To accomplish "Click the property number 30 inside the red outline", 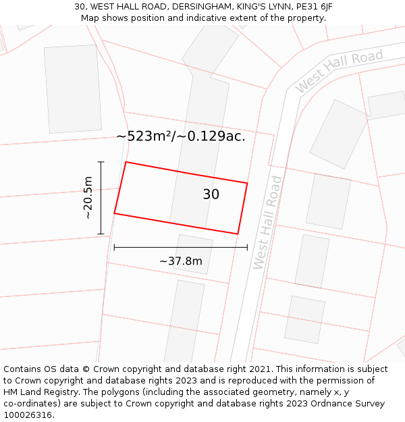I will pyautogui.click(x=211, y=194).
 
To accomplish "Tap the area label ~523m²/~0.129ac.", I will pyautogui.click(x=181, y=136).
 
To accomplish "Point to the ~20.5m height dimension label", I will pyautogui.click(x=88, y=198).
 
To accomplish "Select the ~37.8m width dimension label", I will pyautogui.click(x=180, y=261).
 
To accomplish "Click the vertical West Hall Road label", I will pyautogui.click(x=267, y=222).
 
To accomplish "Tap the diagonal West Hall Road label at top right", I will pyautogui.click(x=339, y=70).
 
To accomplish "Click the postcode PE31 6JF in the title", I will pyautogui.click(x=313, y=7).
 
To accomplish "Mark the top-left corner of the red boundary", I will pyautogui.click(x=126, y=162).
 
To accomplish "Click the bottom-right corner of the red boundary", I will pyautogui.click(x=238, y=234).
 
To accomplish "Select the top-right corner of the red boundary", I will pyautogui.click(x=247, y=183).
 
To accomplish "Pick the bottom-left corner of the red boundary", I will pyautogui.click(x=114, y=213).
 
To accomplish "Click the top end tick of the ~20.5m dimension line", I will pyautogui.click(x=101, y=162).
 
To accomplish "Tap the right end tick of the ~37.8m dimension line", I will pyautogui.click(x=247, y=248).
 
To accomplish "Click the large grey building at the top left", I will pyautogui.click(x=72, y=89).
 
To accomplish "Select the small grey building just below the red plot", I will pyautogui.click(x=193, y=254).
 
